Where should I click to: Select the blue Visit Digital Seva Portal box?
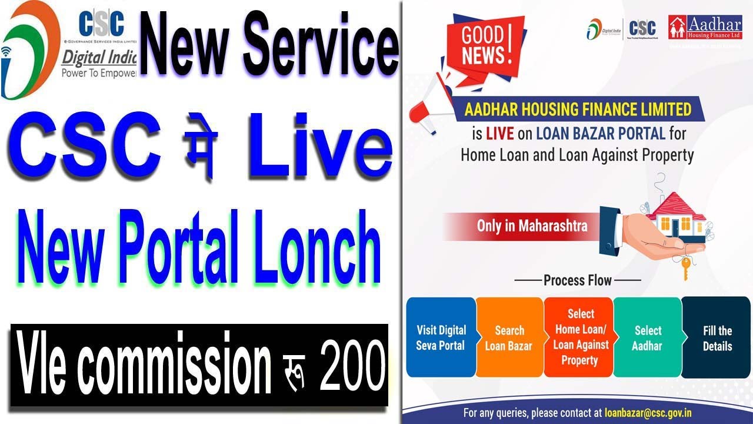[441, 337]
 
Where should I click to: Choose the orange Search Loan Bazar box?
[509, 337]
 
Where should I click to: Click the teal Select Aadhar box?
[647, 337]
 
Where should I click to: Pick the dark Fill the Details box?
[717, 337]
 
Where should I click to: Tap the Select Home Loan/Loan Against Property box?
[580, 337]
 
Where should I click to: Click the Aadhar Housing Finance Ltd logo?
[705, 28]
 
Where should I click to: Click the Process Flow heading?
[577, 280]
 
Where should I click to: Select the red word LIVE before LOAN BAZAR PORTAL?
[500, 133]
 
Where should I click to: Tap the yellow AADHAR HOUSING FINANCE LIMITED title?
[578, 109]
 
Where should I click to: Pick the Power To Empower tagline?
[99, 74]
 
